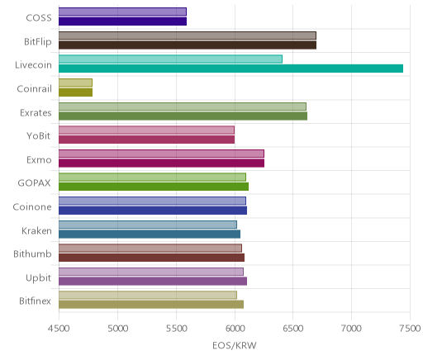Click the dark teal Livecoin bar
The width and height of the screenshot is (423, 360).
(231, 69)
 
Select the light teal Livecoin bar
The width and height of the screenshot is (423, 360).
(170, 59)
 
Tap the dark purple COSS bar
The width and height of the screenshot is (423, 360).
(122, 21)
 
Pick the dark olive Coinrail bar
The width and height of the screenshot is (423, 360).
(75, 92)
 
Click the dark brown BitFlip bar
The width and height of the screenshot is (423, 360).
(188, 45)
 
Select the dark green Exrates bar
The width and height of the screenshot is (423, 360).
(183, 116)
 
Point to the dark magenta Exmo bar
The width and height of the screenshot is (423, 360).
(161, 163)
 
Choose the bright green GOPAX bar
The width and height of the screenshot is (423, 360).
(154, 187)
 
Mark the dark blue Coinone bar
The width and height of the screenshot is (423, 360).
(153, 211)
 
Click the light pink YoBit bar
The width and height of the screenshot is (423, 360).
(146, 130)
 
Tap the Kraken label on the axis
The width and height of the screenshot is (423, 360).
(36, 230)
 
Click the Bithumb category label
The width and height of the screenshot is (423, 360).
(32, 253)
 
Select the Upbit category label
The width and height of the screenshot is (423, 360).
(38, 278)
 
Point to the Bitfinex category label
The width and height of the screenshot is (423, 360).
(35, 301)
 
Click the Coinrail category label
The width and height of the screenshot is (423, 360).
(35, 88)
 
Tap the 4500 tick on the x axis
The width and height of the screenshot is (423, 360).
(59, 329)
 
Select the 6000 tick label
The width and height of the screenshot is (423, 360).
(235, 329)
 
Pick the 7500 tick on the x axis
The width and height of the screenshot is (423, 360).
(410, 329)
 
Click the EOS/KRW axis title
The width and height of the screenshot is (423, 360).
(235, 345)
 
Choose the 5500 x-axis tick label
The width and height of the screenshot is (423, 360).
(176, 329)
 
